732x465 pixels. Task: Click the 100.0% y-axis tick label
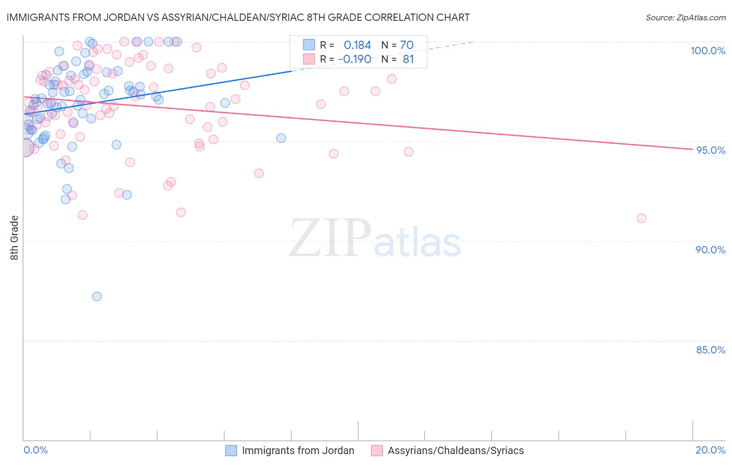708,51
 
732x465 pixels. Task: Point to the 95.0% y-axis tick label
710,150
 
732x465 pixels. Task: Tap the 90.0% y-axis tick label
710,250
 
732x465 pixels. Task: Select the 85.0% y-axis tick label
710,350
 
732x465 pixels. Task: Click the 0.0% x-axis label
35,450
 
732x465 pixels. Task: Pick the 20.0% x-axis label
710,450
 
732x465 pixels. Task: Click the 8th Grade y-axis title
15,238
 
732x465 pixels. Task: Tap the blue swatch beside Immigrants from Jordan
231,450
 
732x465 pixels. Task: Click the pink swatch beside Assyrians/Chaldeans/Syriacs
377,450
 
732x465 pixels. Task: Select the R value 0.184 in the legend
357,45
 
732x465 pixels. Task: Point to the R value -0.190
355,59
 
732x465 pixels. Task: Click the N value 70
407,45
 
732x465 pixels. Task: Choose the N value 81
408,59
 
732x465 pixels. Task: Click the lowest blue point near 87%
97,297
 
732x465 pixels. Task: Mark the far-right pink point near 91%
641,218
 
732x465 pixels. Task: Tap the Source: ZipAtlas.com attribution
685,17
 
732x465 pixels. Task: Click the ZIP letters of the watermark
330,238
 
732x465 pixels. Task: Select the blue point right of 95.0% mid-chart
281,138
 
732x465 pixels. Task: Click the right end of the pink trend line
692,150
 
